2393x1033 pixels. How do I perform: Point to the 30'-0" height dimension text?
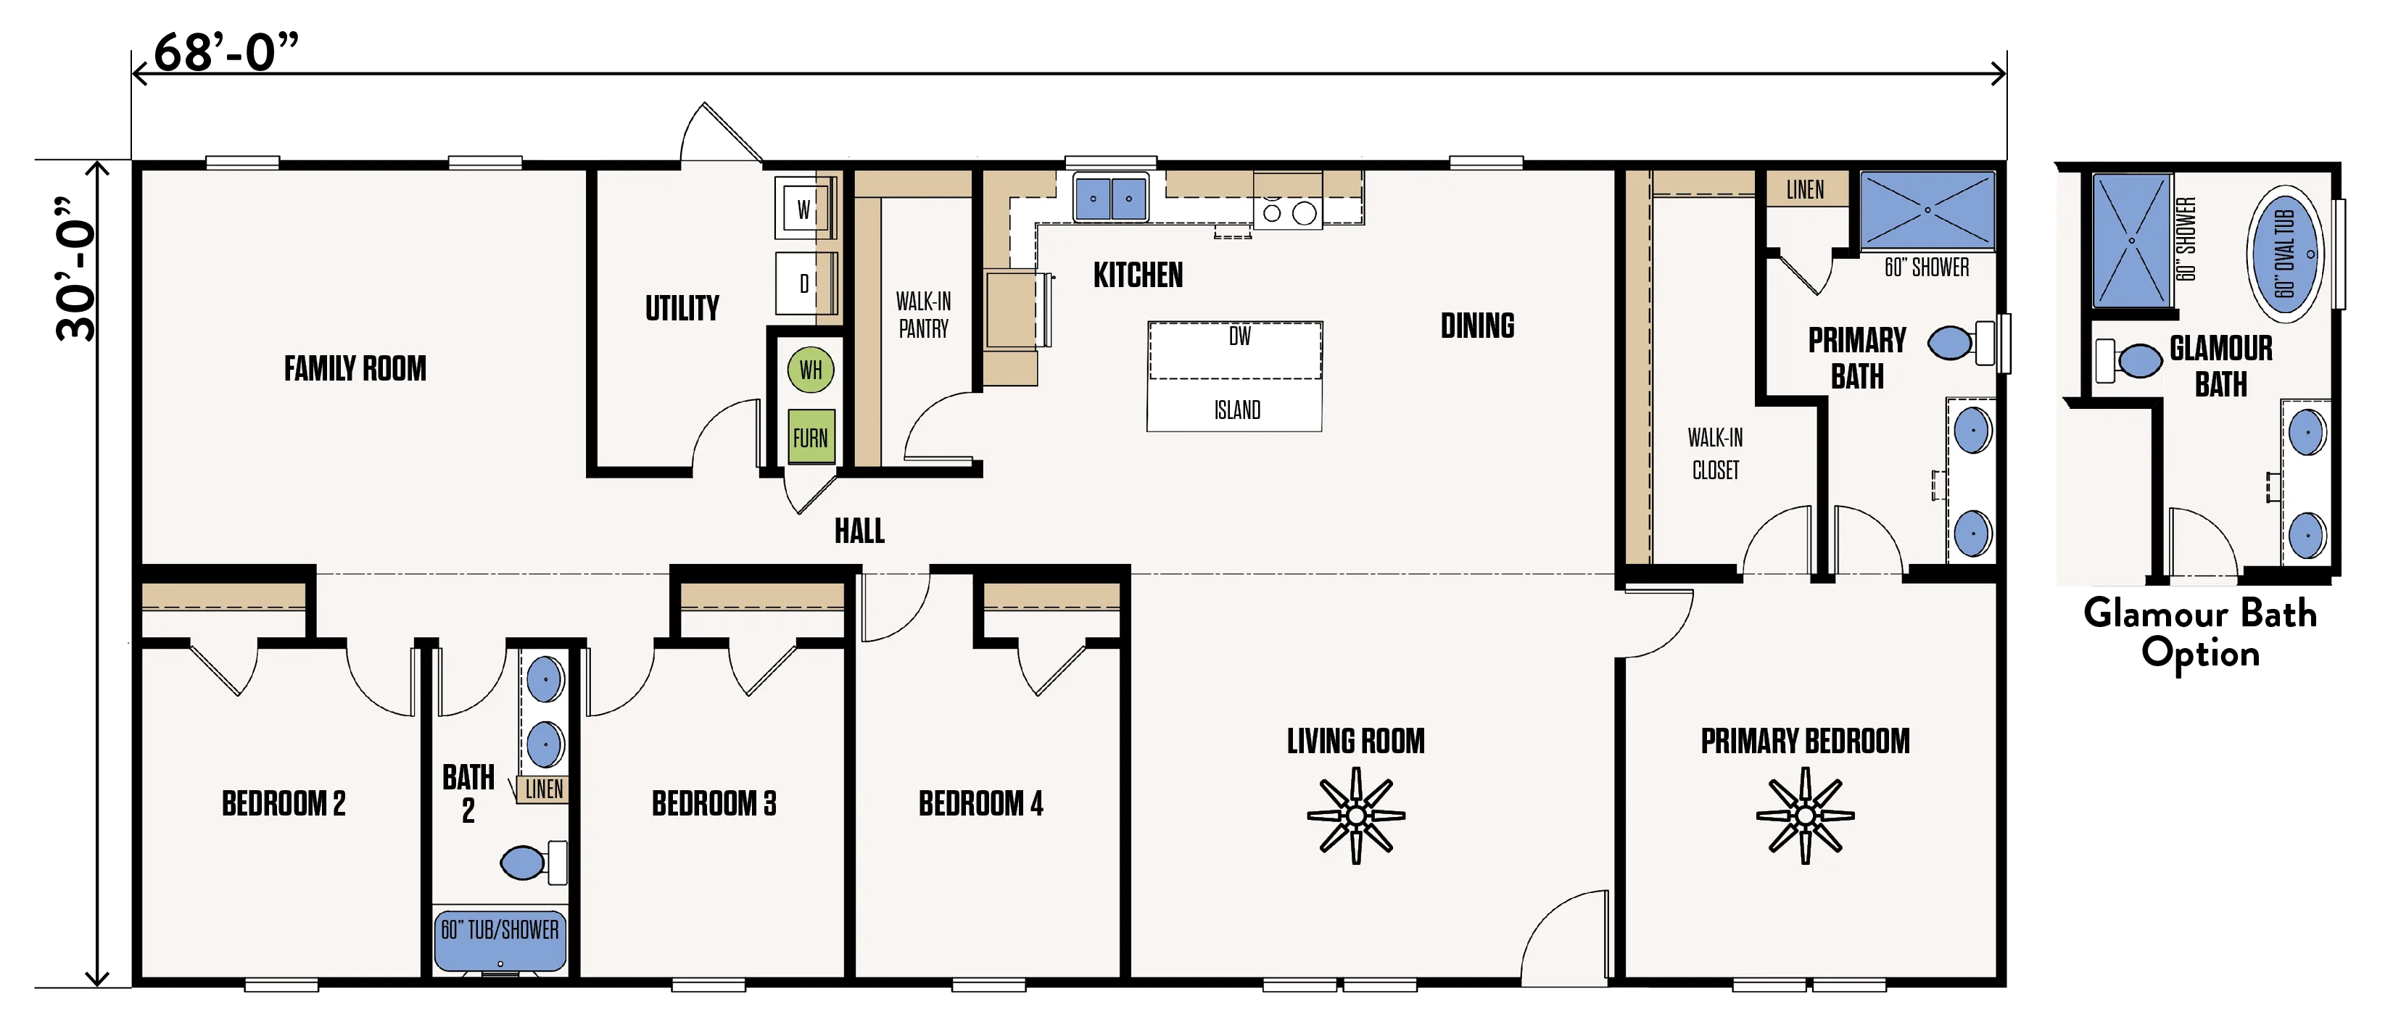click(x=75, y=268)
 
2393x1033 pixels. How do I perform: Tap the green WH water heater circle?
click(x=810, y=370)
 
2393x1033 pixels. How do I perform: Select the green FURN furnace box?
click(x=811, y=436)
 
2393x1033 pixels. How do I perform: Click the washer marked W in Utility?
click(x=804, y=208)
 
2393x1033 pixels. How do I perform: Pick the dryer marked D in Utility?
click(x=804, y=283)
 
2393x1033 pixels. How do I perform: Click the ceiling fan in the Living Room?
click(x=1355, y=816)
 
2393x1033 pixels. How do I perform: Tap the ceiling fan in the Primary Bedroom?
click(x=1805, y=816)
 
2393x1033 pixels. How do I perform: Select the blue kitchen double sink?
click(x=1111, y=198)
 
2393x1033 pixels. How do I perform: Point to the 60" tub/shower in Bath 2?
click(x=500, y=941)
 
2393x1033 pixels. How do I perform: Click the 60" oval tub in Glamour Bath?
click(x=2284, y=254)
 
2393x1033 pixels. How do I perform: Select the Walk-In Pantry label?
click(x=922, y=315)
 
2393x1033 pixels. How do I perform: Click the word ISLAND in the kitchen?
click(x=1237, y=410)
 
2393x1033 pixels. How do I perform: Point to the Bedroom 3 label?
click(x=714, y=803)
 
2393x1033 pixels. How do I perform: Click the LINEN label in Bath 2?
click(x=543, y=789)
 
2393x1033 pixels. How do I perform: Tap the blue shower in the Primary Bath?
click(x=1927, y=210)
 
